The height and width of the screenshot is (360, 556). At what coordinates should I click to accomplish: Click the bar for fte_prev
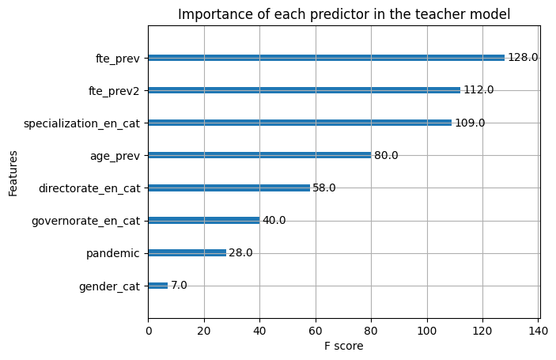(326, 58)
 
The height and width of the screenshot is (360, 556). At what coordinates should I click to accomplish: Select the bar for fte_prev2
(304, 90)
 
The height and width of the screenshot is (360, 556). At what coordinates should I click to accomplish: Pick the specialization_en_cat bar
(300, 123)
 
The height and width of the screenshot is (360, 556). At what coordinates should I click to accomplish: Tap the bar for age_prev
(259, 155)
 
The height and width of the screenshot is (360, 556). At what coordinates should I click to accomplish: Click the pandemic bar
(187, 253)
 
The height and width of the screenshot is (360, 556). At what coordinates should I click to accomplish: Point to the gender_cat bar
(158, 286)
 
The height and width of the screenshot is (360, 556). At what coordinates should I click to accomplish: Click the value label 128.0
(523, 58)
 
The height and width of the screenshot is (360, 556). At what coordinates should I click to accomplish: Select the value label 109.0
(470, 123)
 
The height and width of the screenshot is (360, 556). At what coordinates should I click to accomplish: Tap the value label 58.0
(324, 188)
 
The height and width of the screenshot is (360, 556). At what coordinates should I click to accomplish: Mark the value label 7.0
(179, 285)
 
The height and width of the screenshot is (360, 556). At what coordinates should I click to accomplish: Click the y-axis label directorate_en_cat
(89, 188)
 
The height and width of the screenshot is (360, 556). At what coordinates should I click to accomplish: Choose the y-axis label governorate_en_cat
(85, 221)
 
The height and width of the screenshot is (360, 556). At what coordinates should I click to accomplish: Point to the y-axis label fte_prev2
(114, 91)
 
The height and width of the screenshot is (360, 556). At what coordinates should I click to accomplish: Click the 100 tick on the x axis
(427, 331)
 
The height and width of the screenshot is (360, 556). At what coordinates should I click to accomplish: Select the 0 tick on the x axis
(149, 331)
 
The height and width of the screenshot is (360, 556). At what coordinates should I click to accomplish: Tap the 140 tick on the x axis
(539, 331)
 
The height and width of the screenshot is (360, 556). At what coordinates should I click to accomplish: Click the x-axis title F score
(343, 346)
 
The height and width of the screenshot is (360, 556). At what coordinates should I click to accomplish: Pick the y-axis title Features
(13, 173)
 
